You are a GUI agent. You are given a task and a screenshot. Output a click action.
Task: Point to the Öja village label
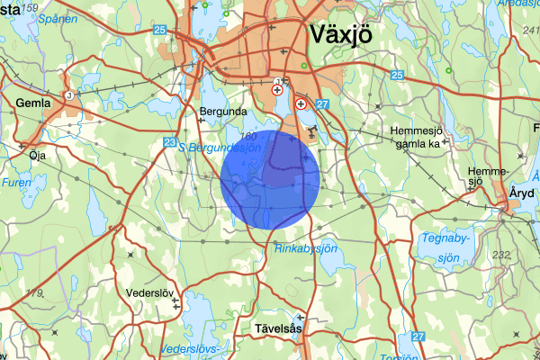[37, 155]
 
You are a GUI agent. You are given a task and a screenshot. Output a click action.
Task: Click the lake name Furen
[15, 182]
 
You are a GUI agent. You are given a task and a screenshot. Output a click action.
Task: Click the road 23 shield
[170, 142]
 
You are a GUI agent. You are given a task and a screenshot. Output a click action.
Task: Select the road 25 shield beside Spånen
[160, 31]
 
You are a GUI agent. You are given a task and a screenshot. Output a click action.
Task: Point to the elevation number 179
[34, 292]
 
